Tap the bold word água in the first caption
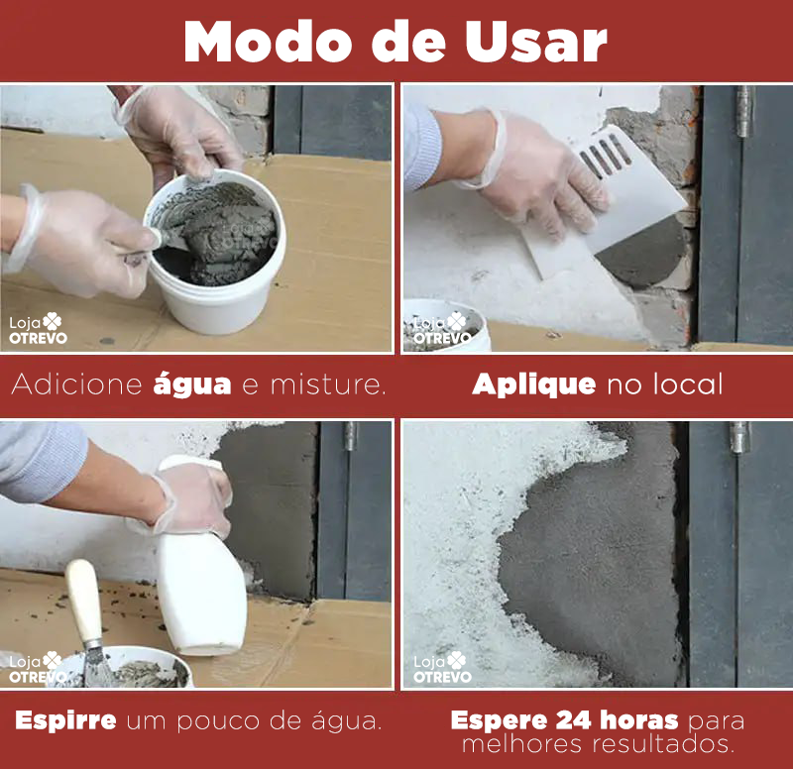(x=192, y=384)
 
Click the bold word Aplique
(x=533, y=384)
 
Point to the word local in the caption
(x=683, y=384)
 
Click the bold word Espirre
(x=65, y=720)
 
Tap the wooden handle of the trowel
(x=84, y=600)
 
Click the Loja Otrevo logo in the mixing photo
(x=38, y=329)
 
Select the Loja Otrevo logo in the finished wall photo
(x=442, y=667)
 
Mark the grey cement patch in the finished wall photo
(x=595, y=565)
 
